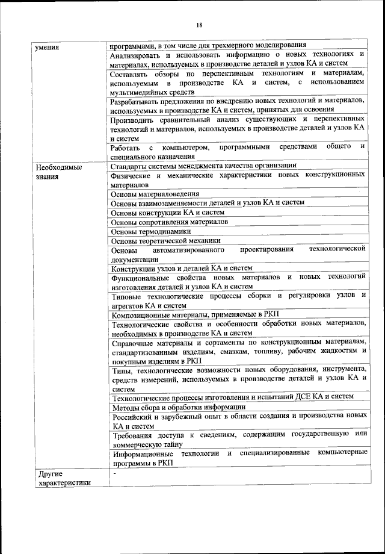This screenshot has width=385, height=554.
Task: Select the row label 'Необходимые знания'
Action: tap(58, 171)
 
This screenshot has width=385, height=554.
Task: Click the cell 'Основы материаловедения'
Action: tap(155, 195)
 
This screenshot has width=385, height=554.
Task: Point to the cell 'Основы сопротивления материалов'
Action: tap(170, 222)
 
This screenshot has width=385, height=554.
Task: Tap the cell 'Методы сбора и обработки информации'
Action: tap(179, 406)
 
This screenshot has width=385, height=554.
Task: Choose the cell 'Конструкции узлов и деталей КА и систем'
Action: tap(182, 268)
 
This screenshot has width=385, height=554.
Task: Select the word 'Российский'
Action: tap(133, 416)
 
